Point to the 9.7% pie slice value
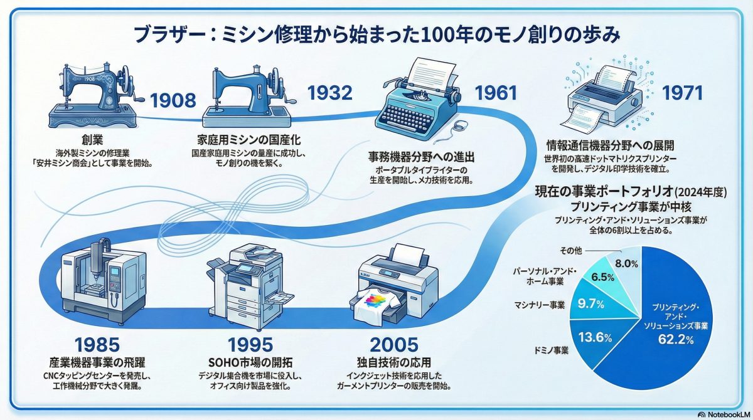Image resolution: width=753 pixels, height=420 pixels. point(591,305)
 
